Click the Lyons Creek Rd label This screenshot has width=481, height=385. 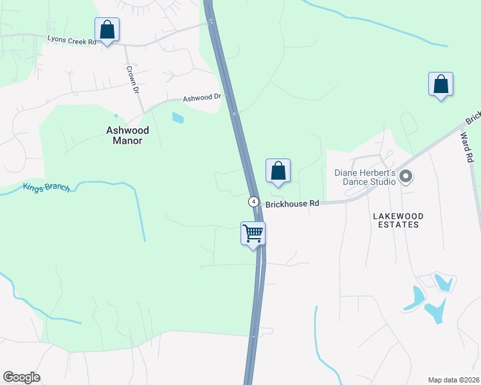(x=71, y=40)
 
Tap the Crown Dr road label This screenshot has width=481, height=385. (x=133, y=80)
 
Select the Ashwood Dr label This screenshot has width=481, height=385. (x=202, y=98)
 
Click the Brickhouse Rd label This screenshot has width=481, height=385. (x=293, y=203)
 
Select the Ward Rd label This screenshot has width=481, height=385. (x=467, y=148)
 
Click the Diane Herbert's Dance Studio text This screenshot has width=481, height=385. (x=364, y=177)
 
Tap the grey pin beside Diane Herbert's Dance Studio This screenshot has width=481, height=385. (x=405, y=176)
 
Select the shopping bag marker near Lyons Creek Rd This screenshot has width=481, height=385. (x=107, y=30)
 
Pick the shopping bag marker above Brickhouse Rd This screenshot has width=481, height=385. (x=278, y=171)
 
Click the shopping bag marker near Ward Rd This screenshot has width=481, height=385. (x=440, y=84)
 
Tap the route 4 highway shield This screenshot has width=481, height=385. (x=255, y=201)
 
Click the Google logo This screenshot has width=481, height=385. (x=21, y=377)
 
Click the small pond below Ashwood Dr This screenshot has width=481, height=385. (x=177, y=118)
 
